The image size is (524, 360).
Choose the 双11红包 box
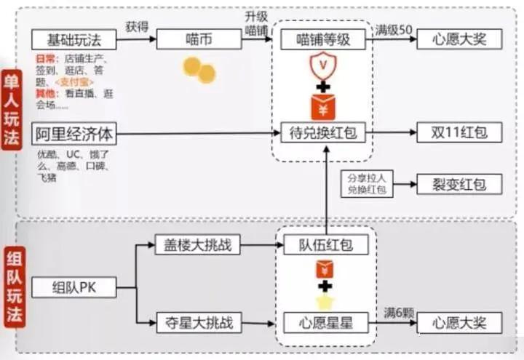[458, 133]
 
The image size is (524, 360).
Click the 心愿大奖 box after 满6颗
[458, 321]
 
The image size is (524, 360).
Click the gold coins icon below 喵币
[199, 70]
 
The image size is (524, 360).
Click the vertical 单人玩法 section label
[12, 109]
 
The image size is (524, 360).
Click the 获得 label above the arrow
[137, 27]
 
